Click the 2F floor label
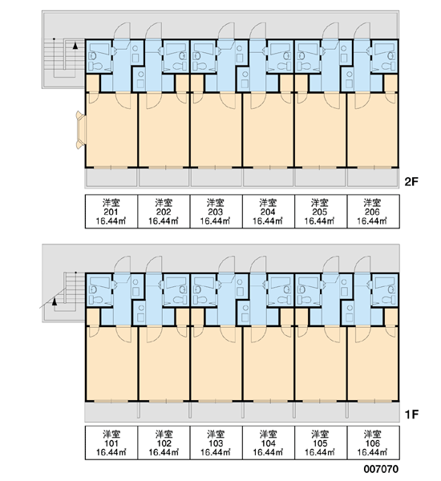[x=411, y=182]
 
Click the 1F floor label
[x=411, y=414]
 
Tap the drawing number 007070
[x=381, y=469]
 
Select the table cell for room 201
[x=111, y=212]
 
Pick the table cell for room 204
[x=269, y=212]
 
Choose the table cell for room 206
[x=373, y=212]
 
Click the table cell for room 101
[x=111, y=443]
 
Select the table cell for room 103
[x=216, y=443]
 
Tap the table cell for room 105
[x=321, y=443]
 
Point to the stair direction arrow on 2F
[x=75, y=46]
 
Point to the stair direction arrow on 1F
[x=55, y=302]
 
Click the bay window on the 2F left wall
[x=81, y=130]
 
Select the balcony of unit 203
[x=216, y=177]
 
